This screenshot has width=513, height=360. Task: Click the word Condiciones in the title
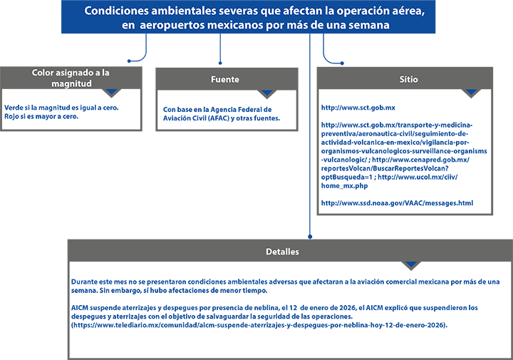115,11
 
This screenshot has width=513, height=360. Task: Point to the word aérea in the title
411,11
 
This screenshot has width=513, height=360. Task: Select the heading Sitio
408,80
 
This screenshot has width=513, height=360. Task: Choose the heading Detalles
283,252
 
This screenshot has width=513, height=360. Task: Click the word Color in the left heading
43,73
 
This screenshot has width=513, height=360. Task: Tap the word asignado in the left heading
77,73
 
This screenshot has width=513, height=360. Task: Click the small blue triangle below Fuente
267,92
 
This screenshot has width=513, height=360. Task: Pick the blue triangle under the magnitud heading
111,92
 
